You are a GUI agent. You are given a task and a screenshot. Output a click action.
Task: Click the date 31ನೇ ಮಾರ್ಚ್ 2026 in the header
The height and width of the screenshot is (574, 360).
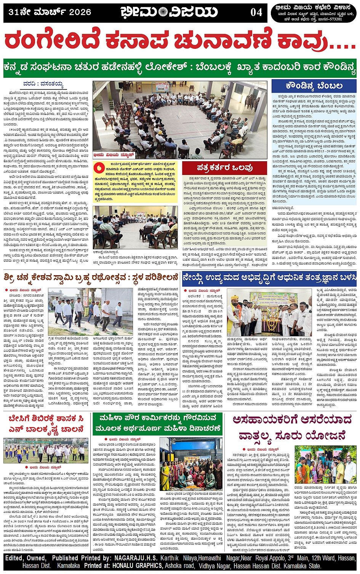[50, 12]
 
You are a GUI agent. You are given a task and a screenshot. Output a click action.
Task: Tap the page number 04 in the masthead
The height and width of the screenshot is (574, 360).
[256, 13]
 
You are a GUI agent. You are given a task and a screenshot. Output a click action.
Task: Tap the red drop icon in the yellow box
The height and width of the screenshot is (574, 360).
[100, 168]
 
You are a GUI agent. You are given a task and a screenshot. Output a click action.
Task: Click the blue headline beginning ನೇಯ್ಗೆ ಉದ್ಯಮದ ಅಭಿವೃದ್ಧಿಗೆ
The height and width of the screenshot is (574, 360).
[269, 278]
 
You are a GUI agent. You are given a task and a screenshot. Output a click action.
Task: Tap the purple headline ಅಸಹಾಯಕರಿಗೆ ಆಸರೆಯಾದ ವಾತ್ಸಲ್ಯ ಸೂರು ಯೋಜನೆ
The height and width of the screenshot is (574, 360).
[292, 427]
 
